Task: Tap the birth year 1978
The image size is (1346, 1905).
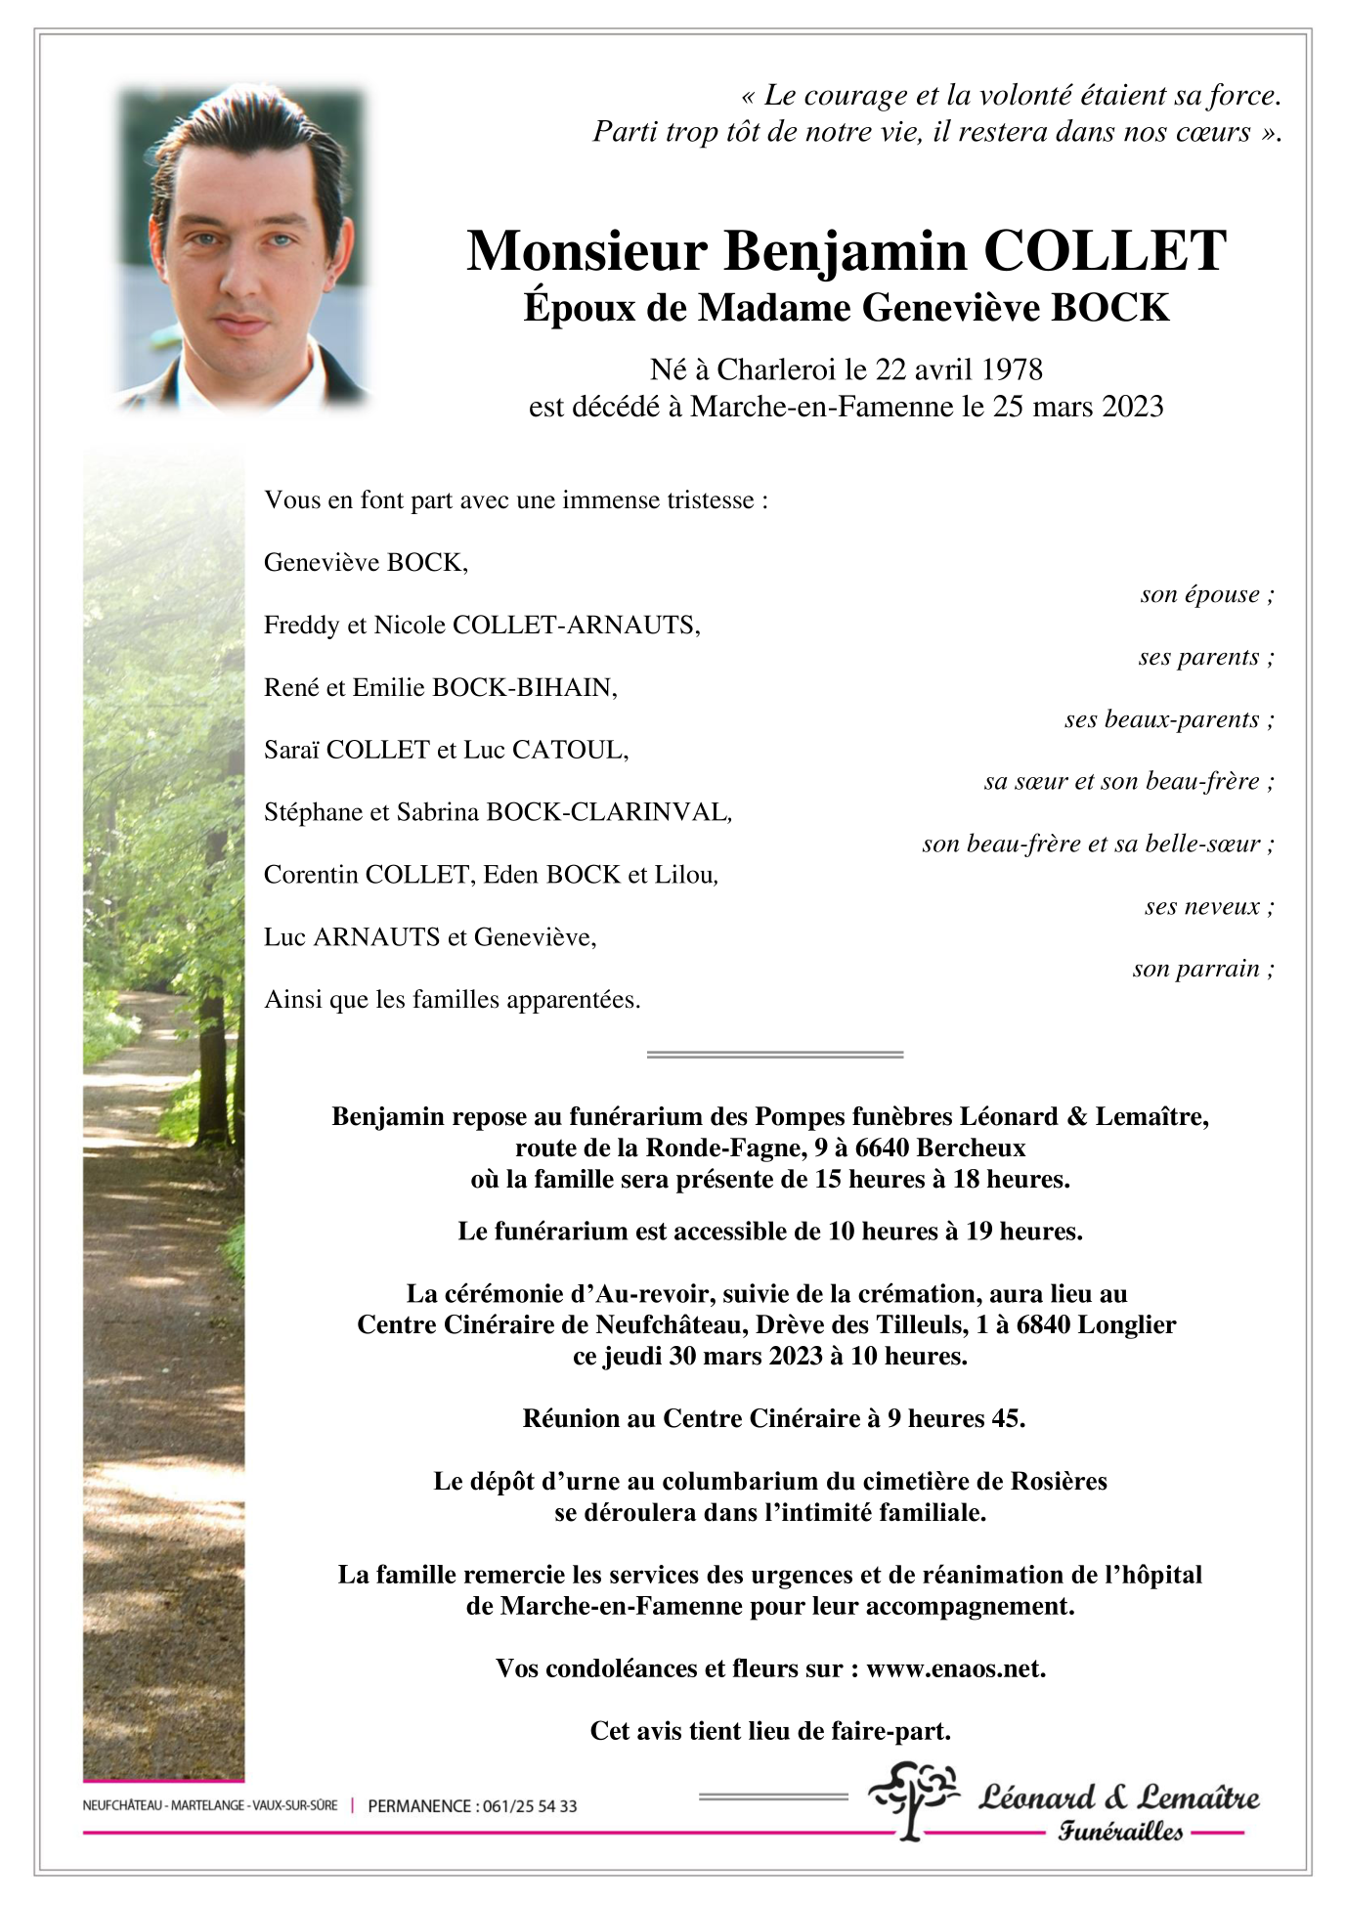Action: pos(1012,369)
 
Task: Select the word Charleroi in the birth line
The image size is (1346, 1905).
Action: pos(776,369)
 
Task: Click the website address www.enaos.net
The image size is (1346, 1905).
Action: pos(955,1668)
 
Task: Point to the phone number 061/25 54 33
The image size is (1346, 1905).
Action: pos(530,1806)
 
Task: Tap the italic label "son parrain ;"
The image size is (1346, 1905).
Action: pos(1203,969)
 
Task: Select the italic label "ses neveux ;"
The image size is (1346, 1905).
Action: pos(1209,906)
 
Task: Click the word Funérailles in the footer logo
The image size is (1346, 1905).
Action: pos(1120,1832)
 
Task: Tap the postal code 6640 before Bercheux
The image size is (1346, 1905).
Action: pos(884,1147)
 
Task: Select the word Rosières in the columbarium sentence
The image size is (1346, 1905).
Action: pos(1061,1481)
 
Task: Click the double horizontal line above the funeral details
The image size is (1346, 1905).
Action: pos(775,1055)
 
